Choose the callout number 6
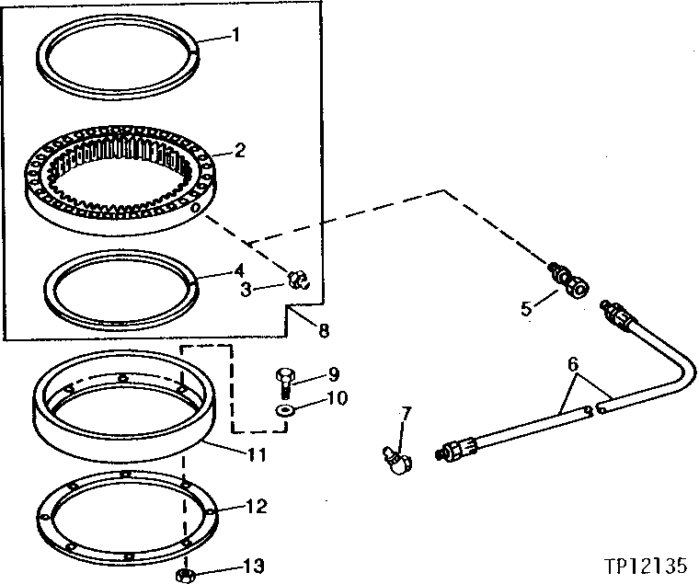572,364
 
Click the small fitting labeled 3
297,279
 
